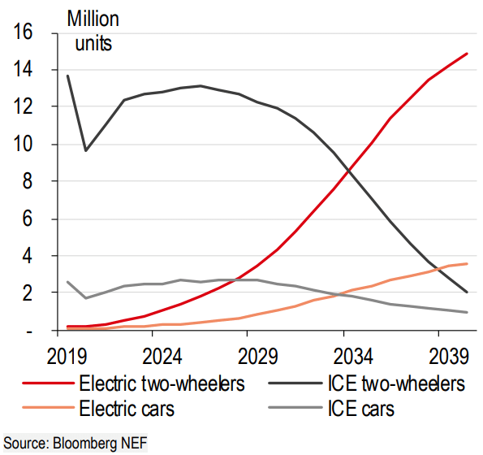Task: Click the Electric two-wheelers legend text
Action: (162, 382)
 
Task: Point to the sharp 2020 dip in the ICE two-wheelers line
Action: (86, 150)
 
